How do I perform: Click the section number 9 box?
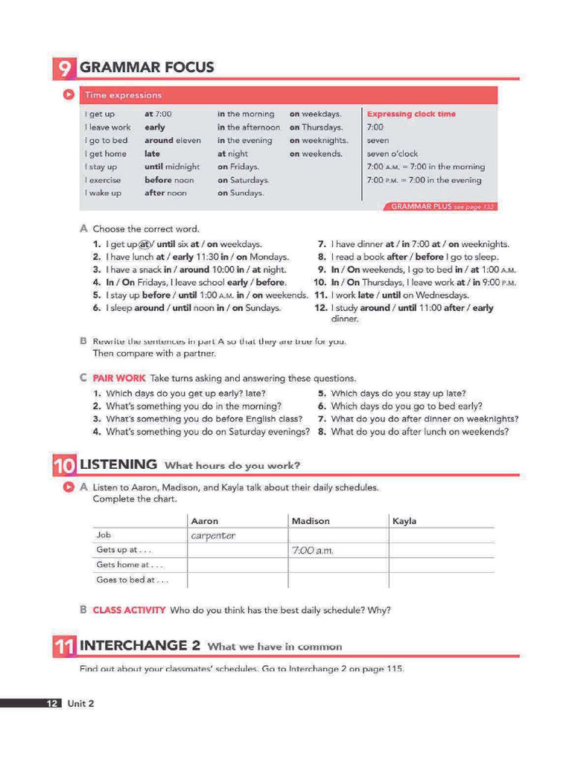click(64, 68)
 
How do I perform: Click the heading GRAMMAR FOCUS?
click(147, 68)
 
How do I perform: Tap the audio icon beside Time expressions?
click(68, 95)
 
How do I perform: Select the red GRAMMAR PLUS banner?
click(442, 206)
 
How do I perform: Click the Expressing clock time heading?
click(411, 114)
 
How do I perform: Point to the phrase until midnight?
click(172, 167)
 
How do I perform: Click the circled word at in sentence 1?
click(145, 244)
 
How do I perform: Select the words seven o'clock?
click(392, 154)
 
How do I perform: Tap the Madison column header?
click(311, 521)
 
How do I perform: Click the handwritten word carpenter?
click(213, 536)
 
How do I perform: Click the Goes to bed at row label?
click(132, 580)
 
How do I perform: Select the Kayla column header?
click(404, 521)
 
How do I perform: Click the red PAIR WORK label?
click(119, 378)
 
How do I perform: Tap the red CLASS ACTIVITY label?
click(129, 610)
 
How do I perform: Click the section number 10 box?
click(64, 467)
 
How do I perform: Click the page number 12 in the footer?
click(52, 703)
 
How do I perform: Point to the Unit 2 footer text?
click(80, 703)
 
